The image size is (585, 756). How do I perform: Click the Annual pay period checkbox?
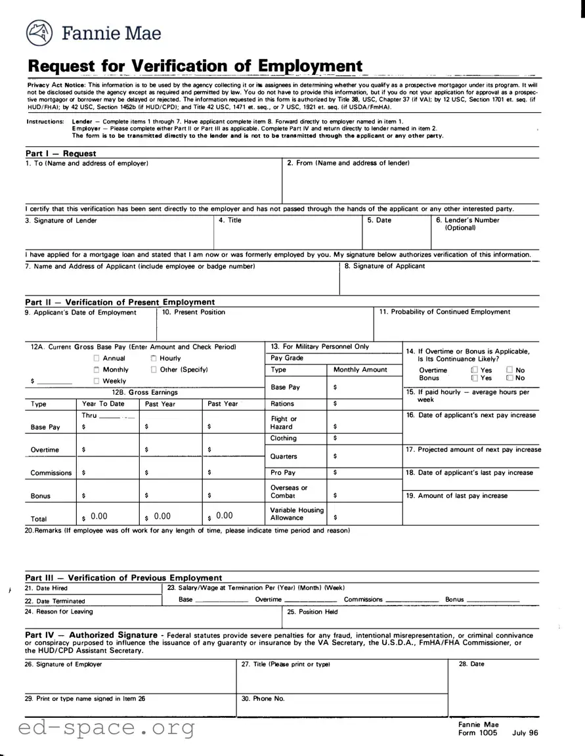tap(97, 359)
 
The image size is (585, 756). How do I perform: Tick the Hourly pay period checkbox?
tap(153, 359)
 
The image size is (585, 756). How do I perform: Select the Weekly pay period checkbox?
tap(97, 381)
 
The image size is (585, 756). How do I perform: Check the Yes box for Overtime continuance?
tap(474, 370)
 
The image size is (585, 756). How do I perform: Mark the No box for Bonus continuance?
tap(509, 378)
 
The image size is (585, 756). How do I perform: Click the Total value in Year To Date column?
tap(98, 516)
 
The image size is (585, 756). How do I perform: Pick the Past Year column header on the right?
tap(223, 404)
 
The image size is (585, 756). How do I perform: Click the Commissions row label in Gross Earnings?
tap(51, 473)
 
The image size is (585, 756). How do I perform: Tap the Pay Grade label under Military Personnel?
tap(287, 358)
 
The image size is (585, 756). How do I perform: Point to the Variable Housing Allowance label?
tap(297, 514)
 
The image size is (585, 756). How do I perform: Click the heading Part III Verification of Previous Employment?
tap(123, 578)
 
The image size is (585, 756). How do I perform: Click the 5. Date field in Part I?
tap(379, 221)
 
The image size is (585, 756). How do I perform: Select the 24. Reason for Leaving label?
tap(59, 611)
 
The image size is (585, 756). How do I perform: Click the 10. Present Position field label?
tap(193, 312)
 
